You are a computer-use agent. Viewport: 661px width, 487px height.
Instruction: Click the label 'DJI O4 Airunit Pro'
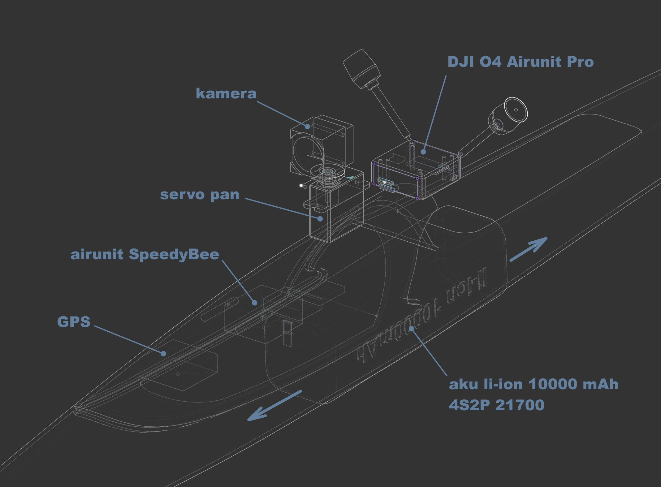click(521, 62)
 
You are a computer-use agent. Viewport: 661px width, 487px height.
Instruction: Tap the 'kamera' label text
click(226, 93)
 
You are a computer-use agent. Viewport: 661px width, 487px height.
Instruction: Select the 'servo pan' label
click(200, 195)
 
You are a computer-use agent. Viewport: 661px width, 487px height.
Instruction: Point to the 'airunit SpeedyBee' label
click(145, 254)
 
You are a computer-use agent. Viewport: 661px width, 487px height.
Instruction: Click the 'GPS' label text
click(74, 322)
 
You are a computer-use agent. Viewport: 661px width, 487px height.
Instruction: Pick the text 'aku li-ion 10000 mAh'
click(534, 384)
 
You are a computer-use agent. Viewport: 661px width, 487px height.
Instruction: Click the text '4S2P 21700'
click(496, 405)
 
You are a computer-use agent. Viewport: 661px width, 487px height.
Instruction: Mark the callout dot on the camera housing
click(307, 126)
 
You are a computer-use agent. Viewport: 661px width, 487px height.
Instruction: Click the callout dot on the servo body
click(320, 219)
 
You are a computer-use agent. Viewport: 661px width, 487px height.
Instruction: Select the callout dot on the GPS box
click(164, 354)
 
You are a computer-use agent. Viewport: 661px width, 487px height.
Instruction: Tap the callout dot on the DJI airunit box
click(423, 152)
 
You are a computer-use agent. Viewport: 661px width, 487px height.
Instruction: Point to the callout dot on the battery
click(412, 329)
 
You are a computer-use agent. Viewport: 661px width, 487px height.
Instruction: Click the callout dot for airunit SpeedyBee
click(255, 303)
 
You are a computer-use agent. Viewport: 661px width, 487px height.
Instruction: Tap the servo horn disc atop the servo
click(327, 172)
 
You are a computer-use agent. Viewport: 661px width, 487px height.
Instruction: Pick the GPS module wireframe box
click(178, 365)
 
